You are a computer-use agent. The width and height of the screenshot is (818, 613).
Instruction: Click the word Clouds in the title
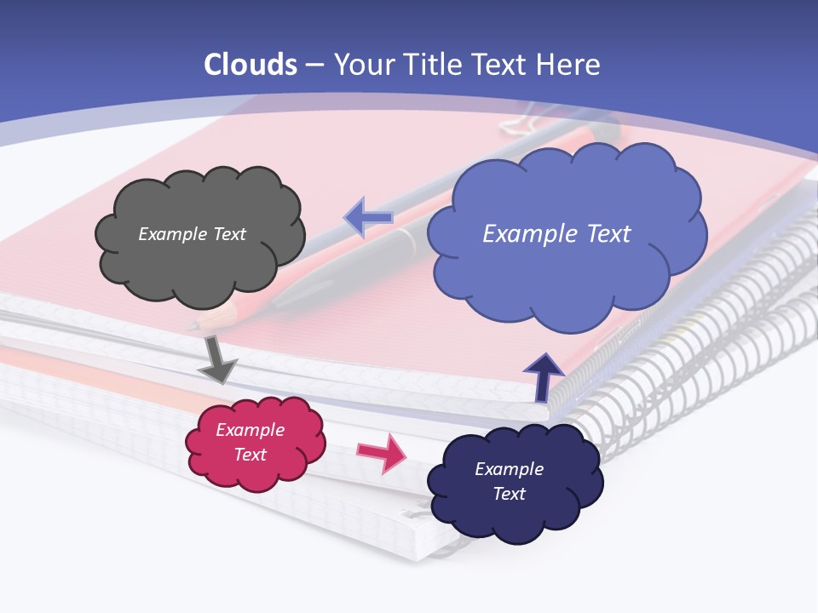pos(251,65)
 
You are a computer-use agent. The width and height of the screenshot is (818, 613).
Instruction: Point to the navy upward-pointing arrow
pos(543,376)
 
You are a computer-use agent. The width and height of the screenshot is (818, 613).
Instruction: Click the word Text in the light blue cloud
pos(608,234)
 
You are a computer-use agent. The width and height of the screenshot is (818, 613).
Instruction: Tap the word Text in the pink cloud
pos(251,455)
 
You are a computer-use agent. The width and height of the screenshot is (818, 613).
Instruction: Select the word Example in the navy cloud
pos(509,469)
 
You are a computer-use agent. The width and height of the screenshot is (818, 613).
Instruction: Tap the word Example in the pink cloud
pos(251,430)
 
